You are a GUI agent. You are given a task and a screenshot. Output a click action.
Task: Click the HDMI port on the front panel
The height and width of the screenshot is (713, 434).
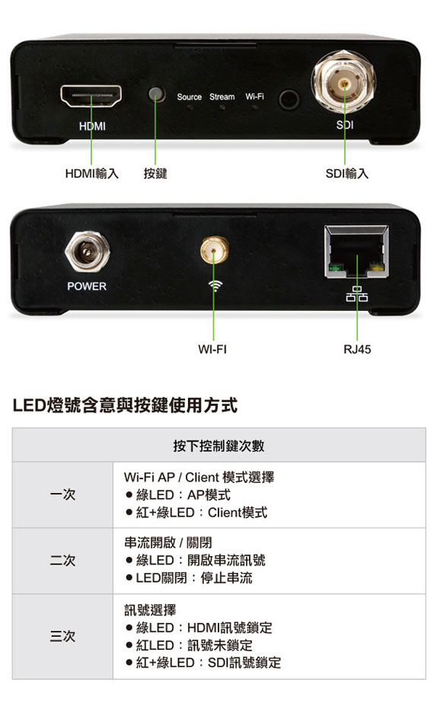[91, 96]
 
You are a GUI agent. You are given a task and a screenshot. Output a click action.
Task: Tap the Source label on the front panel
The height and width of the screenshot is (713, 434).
[189, 97]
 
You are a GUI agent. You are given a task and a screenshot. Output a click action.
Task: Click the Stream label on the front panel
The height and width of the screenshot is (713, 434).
[222, 97]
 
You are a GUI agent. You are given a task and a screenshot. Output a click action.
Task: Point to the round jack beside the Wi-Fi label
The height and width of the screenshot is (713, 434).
[289, 99]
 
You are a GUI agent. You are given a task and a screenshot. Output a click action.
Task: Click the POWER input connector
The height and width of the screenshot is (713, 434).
[88, 251]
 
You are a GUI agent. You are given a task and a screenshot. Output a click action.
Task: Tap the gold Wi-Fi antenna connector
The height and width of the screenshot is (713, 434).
[215, 250]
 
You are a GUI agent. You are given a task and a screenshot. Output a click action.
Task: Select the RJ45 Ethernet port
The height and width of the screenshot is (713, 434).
[357, 251]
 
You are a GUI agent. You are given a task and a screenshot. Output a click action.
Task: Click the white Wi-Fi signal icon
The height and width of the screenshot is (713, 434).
[215, 286]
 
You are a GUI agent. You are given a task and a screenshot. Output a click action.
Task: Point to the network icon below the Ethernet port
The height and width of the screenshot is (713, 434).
[357, 294]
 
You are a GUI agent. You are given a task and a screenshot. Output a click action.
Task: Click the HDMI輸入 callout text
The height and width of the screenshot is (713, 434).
[92, 173]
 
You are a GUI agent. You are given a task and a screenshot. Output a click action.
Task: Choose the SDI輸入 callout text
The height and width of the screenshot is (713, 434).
[346, 173]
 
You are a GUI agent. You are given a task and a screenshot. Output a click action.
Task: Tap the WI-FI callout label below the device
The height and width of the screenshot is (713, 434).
[212, 349]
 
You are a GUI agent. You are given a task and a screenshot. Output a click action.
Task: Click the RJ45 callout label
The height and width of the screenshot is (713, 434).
[357, 349]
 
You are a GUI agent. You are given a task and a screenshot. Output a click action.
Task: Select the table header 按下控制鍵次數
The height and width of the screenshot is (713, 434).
[219, 446]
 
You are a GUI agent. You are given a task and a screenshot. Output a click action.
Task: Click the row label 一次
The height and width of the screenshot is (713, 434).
[62, 494]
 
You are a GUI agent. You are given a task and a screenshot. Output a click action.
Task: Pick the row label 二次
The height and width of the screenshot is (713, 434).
[62, 560]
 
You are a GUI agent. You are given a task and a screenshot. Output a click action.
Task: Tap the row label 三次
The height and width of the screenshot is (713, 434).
[62, 636]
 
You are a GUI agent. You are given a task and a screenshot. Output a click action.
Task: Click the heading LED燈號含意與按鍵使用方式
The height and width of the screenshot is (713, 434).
[125, 404]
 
